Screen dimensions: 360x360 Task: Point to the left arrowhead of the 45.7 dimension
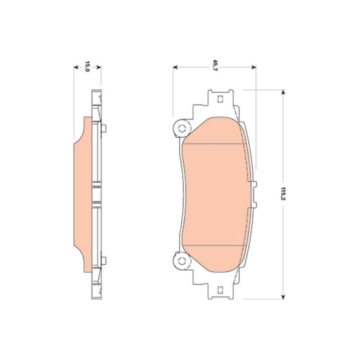click(x=176, y=68)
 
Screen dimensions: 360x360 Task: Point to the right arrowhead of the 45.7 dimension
click(x=243, y=68)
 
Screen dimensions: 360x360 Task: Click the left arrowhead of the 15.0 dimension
click(x=77, y=68)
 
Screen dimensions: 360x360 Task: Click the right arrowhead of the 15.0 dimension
click(x=99, y=68)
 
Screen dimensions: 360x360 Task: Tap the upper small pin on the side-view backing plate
click(x=104, y=130)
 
